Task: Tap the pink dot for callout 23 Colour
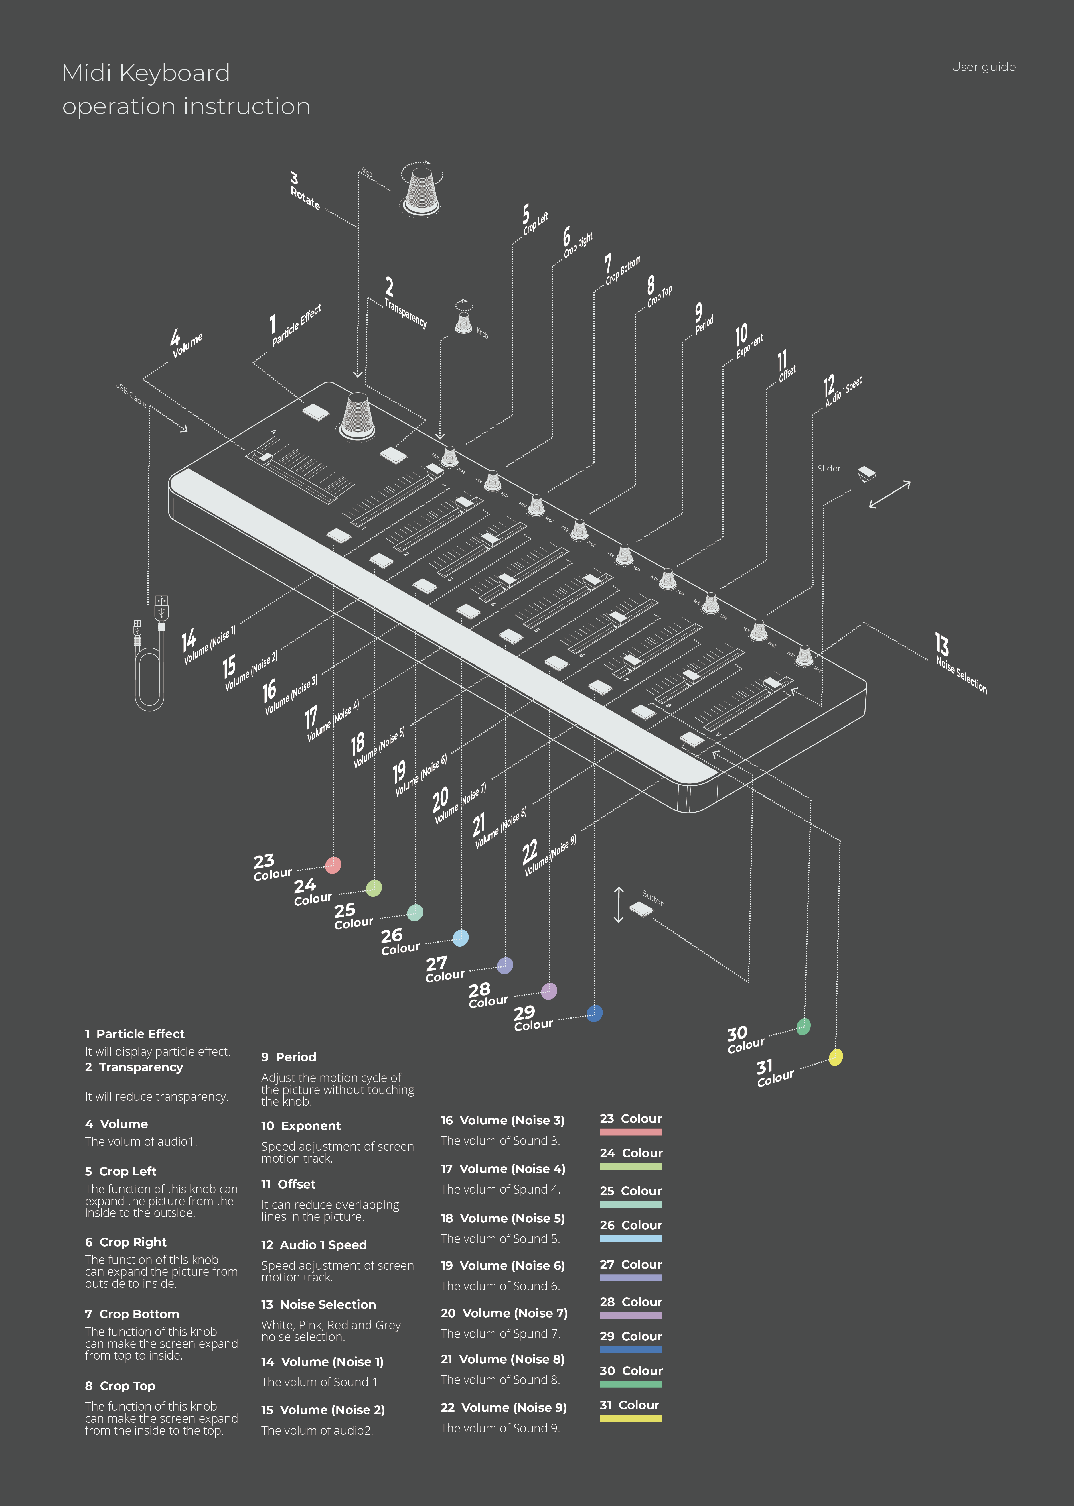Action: pos(333,865)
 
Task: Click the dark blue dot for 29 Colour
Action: pos(595,1013)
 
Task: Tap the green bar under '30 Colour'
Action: pos(630,1384)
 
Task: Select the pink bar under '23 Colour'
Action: pos(630,1132)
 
